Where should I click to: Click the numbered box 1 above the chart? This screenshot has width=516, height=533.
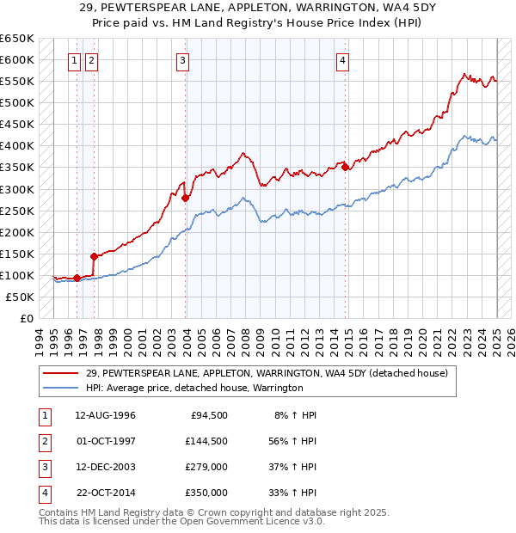(x=74, y=60)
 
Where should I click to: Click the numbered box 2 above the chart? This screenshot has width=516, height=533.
(x=91, y=60)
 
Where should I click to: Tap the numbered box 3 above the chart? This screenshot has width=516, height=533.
(x=183, y=60)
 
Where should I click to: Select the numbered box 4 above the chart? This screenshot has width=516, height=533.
(x=342, y=60)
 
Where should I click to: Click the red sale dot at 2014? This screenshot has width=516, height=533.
(x=345, y=167)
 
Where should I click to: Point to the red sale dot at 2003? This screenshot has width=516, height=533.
(x=186, y=198)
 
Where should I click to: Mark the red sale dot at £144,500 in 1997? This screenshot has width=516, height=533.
(x=94, y=255)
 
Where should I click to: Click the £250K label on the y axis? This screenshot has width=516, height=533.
(x=18, y=211)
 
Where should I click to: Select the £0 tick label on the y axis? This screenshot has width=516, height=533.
(x=26, y=318)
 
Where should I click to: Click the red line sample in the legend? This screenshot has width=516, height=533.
(x=60, y=373)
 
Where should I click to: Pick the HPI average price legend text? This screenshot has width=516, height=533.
(x=194, y=388)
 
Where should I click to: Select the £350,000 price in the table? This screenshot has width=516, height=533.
(x=206, y=493)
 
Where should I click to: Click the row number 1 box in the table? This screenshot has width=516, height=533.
(x=44, y=415)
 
